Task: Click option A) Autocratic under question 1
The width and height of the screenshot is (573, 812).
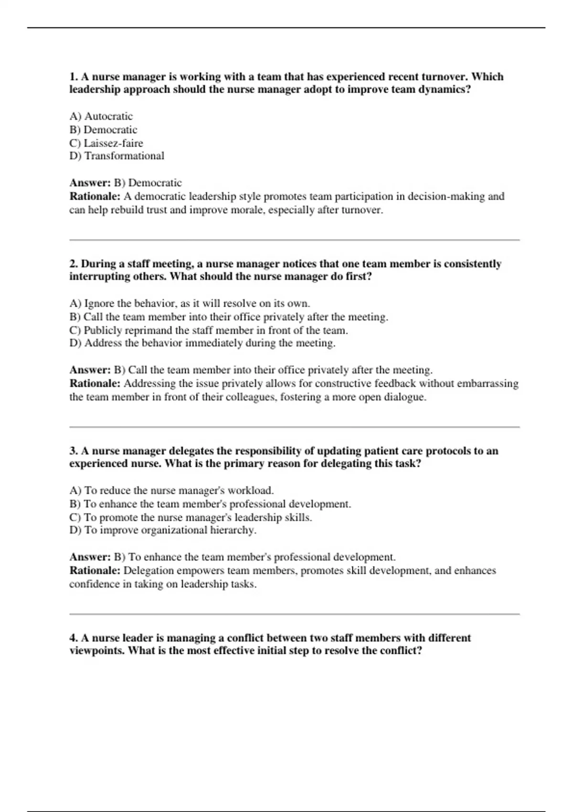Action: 101,116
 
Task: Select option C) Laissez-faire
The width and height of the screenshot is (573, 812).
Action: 106,143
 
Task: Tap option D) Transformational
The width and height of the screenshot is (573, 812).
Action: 117,156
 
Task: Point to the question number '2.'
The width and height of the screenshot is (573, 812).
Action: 74,264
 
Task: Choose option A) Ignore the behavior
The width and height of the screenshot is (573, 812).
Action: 190,303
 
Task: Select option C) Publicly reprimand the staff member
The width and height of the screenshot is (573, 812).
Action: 208,330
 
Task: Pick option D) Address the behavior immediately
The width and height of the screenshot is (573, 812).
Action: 202,343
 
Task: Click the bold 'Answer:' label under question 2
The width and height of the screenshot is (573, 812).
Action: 90,370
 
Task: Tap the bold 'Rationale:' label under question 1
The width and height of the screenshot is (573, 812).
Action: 95,196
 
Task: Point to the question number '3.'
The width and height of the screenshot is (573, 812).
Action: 74,451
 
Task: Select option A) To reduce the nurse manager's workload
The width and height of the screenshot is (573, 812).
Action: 171,491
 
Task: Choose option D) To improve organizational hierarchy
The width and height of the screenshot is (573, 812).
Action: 163,530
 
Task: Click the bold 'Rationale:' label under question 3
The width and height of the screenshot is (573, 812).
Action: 95,570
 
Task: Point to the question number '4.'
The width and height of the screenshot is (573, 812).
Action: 74,638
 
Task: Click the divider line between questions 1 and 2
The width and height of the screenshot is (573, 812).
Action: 294,240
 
